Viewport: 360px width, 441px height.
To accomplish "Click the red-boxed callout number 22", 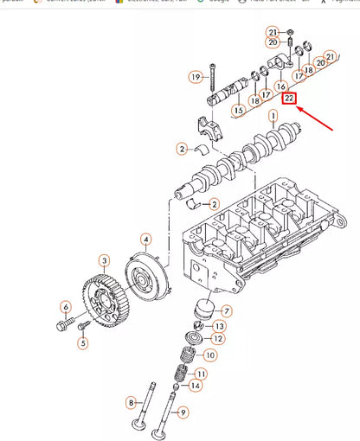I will (x=290, y=99).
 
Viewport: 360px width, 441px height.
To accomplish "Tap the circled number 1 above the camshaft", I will (x=273, y=115).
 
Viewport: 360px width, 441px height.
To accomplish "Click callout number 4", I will (x=146, y=239).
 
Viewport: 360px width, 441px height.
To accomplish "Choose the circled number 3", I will (x=103, y=261).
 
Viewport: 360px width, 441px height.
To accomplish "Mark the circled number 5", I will (x=83, y=343).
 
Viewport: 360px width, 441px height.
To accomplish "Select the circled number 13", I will (x=219, y=326).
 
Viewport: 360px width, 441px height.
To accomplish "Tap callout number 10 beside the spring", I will (x=210, y=355).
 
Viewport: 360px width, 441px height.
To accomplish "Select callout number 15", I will (x=237, y=110).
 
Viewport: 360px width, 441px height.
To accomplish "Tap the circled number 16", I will (x=280, y=87).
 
